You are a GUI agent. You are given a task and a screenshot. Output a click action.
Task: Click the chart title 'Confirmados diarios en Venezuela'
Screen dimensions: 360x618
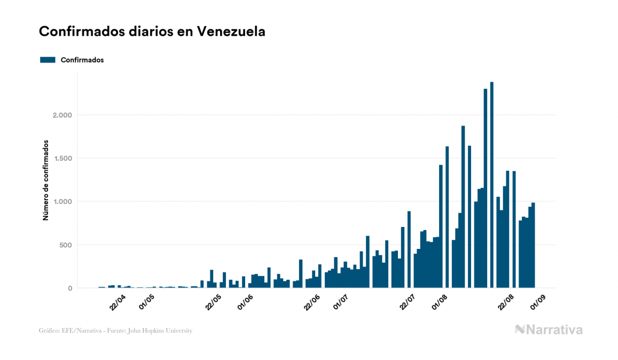click(152, 32)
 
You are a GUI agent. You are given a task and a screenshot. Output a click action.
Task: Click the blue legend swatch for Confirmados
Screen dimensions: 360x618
click(48, 60)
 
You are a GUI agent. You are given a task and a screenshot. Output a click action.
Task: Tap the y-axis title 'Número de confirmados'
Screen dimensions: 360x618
click(46, 180)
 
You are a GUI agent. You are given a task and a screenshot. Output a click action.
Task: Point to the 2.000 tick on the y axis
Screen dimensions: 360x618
click(62, 115)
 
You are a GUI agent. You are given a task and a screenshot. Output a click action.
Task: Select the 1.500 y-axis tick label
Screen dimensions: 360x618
click(62, 159)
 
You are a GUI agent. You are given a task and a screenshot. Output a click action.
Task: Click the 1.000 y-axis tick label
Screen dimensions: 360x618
click(62, 202)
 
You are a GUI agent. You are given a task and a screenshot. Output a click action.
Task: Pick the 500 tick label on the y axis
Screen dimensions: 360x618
click(65, 245)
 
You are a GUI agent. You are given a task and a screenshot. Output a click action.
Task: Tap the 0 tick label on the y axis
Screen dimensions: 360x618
click(70, 288)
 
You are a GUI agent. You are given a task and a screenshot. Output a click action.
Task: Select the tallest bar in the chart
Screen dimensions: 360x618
click(491, 187)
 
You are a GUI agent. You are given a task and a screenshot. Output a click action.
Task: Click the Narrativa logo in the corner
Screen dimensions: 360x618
click(549, 330)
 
